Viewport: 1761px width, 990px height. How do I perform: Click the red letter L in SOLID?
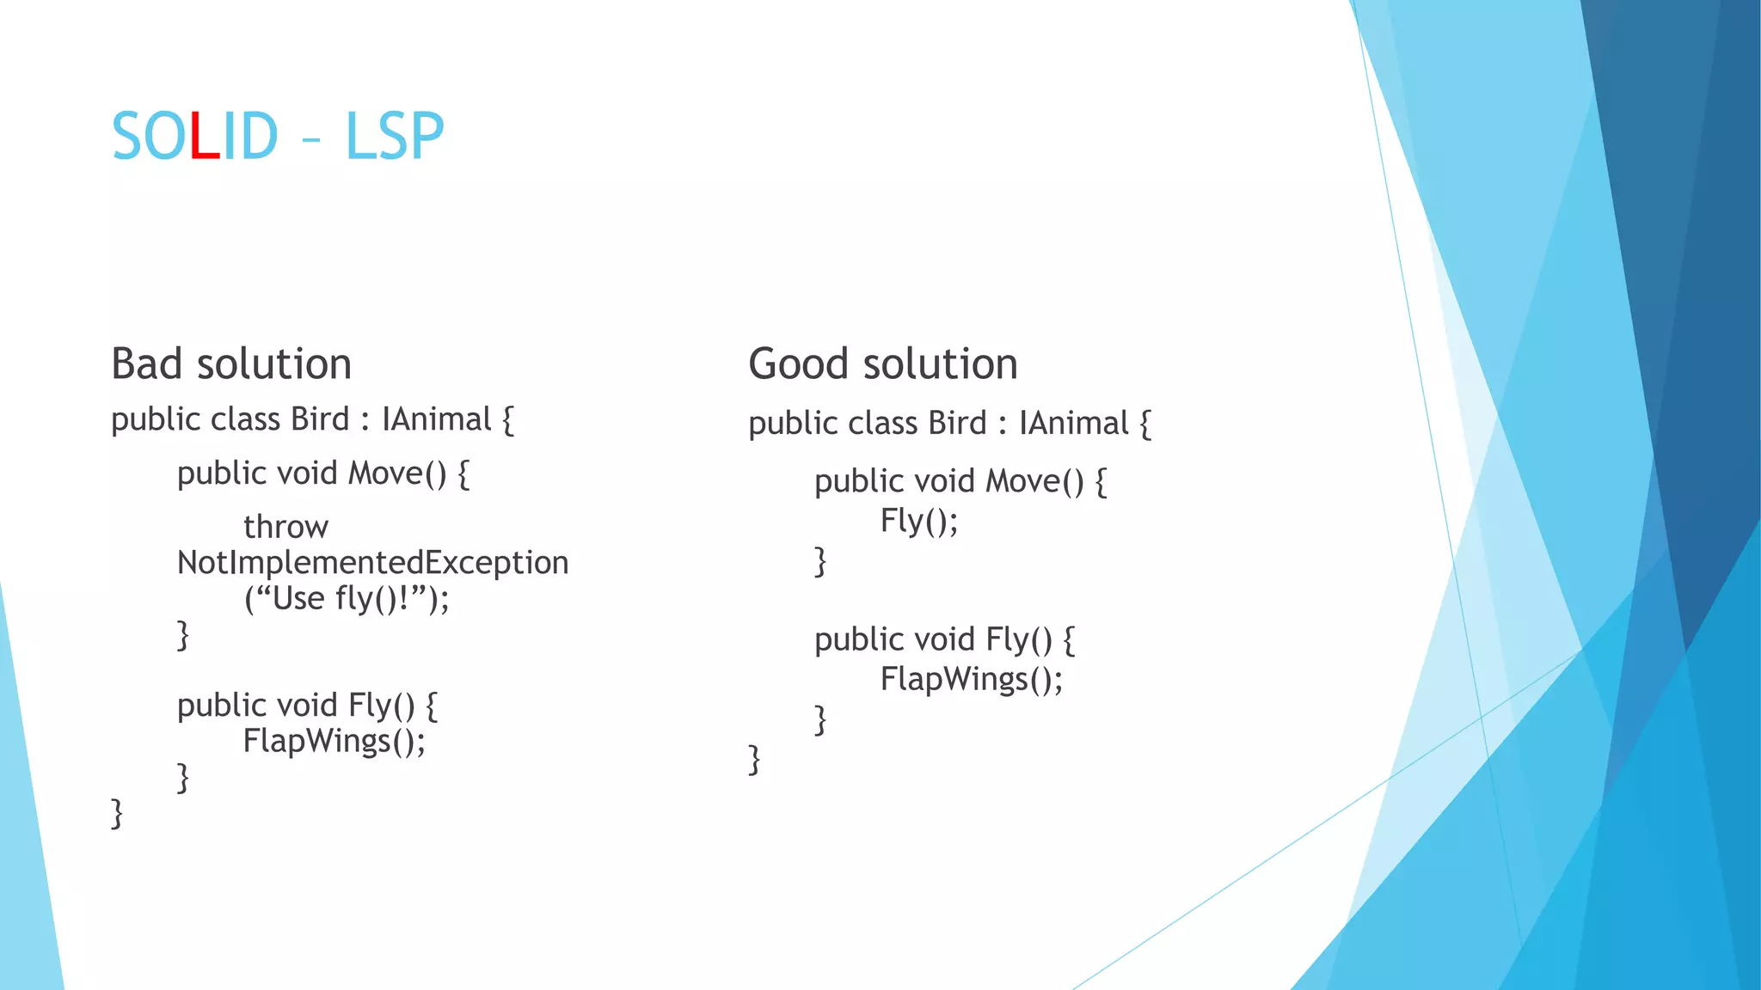pyautogui.click(x=205, y=137)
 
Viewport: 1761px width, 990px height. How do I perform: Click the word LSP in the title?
pyautogui.click(x=395, y=137)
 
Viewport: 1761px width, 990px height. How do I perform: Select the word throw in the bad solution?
pyautogui.click(x=285, y=527)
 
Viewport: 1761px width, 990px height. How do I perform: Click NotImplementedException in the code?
pyautogui.click(x=372, y=563)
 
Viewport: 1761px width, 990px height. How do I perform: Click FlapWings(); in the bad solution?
pyautogui.click(x=334, y=741)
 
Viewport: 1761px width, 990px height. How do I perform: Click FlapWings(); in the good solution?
pyautogui.click(x=972, y=680)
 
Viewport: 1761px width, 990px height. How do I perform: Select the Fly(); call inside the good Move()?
pyautogui.click(x=918, y=521)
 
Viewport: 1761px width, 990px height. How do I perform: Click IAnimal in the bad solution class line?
pyautogui.click(x=436, y=419)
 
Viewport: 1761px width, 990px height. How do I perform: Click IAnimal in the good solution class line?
pyautogui.click(x=1073, y=424)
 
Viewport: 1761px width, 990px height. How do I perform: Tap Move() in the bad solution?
pyautogui.click(x=397, y=474)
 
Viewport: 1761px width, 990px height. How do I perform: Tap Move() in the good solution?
pyautogui.click(x=1034, y=481)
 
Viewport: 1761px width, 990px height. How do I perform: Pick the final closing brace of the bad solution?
pyautogui.click(x=117, y=812)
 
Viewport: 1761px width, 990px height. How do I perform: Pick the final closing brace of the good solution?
pyautogui.click(x=754, y=759)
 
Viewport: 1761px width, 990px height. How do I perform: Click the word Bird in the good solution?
pyautogui.click(x=957, y=424)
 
